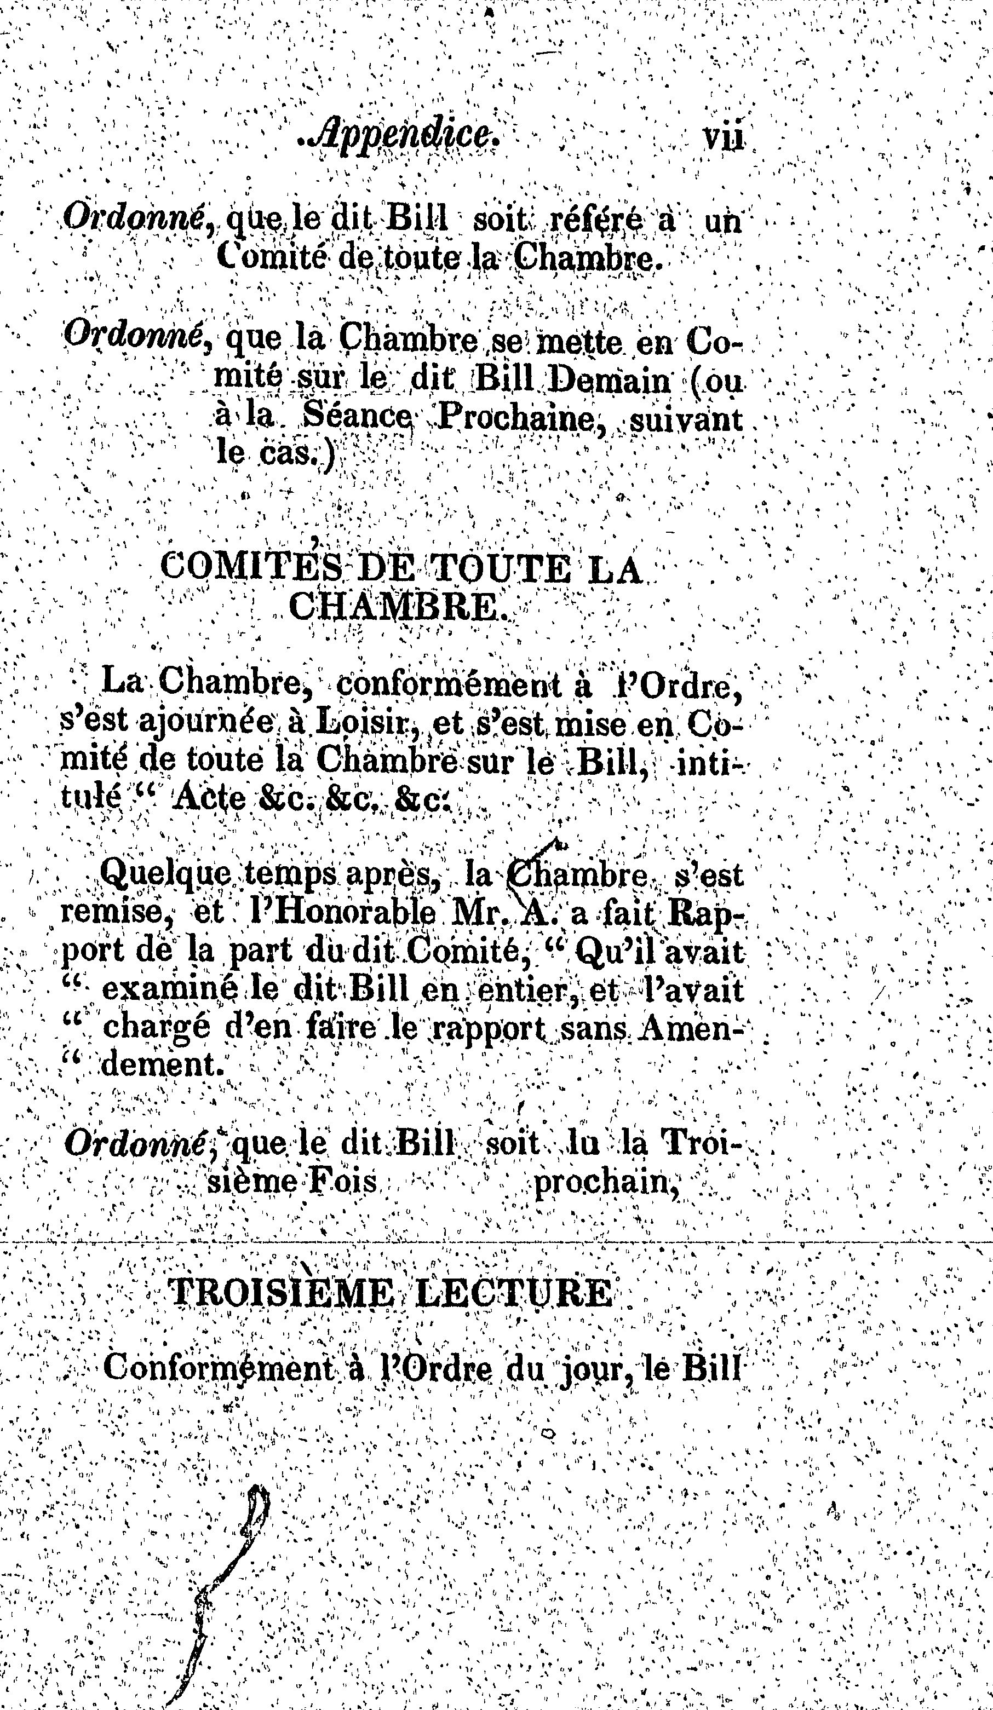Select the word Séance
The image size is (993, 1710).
pyautogui.click(x=357, y=418)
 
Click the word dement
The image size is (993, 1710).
pyautogui.click(x=163, y=1064)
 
